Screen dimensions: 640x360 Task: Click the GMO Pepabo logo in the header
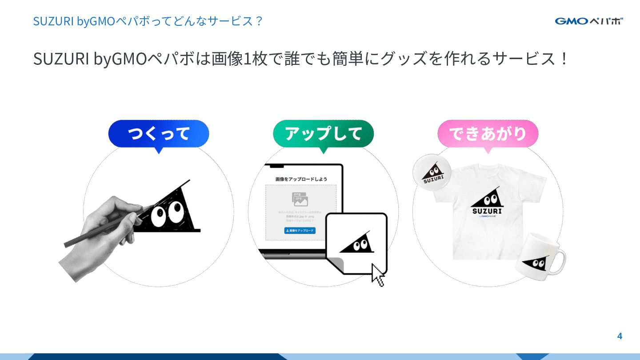pyautogui.click(x=588, y=21)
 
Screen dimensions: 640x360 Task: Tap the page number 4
pyautogui.click(x=620, y=336)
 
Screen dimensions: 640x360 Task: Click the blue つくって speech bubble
pyautogui.click(x=159, y=134)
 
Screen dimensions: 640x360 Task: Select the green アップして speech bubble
pyautogui.click(x=323, y=134)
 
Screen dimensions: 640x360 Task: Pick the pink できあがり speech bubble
pyautogui.click(x=488, y=134)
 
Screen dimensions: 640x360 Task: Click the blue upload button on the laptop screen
pyautogui.click(x=300, y=231)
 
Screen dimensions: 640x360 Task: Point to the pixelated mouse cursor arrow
pyautogui.click(x=377, y=275)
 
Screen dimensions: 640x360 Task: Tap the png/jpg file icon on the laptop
pyautogui.click(x=300, y=199)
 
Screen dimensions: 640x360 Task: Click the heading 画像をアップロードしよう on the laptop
pyautogui.click(x=301, y=179)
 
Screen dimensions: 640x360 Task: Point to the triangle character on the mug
pyautogui.click(x=536, y=263)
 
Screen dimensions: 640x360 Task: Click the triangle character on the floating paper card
pyautogui.click(x=357, y=243)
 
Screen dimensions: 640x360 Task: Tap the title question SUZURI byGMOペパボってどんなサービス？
pyautogui.click(x=148, y=21)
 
